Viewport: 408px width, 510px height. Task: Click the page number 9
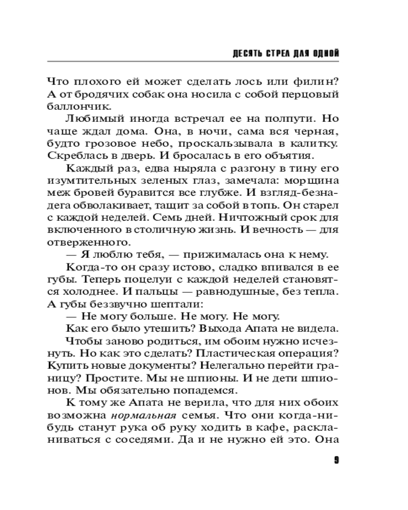tap(336, 460)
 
